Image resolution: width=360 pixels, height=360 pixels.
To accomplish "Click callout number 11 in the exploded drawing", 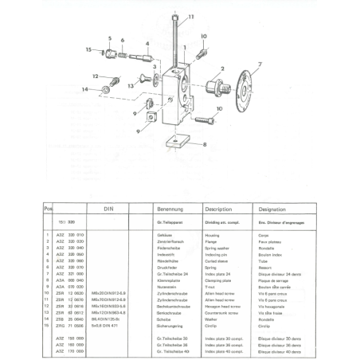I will coord(190,15).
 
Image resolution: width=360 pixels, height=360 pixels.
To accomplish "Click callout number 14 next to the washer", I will coord(84,89).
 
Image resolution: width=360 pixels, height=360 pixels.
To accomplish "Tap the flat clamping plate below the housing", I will coord(175,144).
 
